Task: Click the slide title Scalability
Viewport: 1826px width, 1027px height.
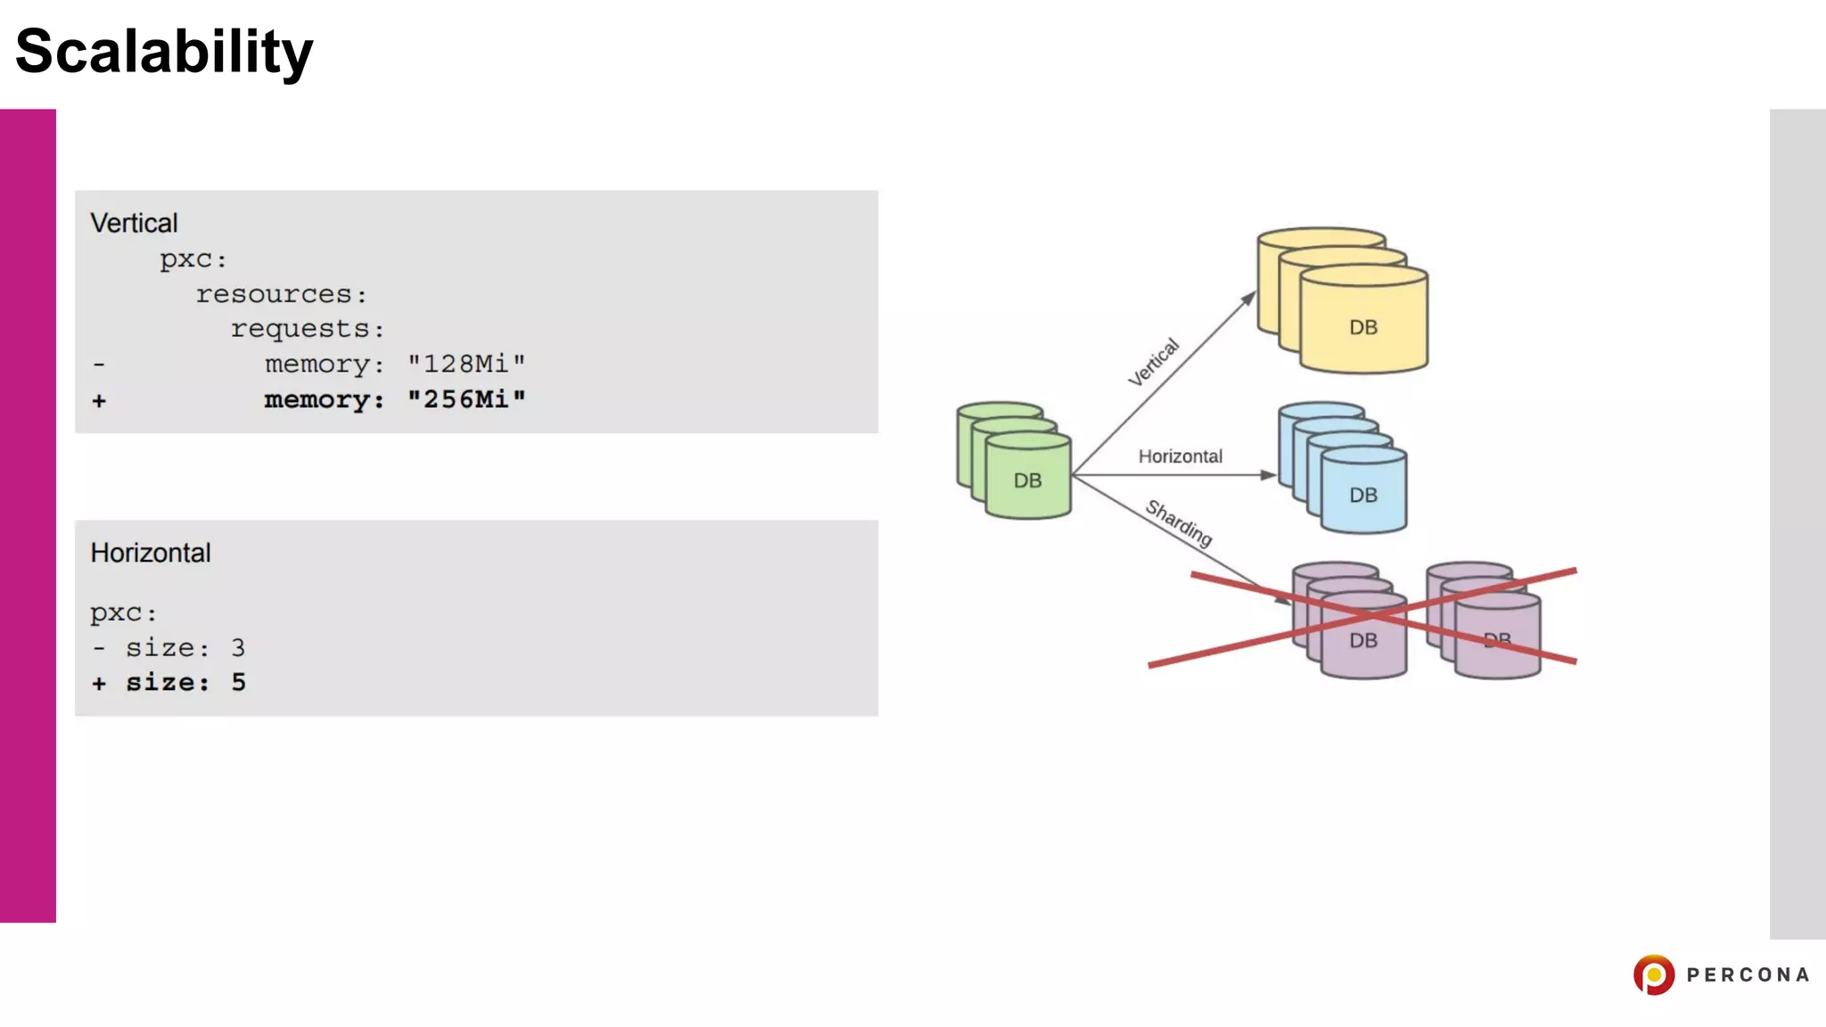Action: [164, 52]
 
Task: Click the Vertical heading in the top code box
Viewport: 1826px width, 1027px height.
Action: [134, 223]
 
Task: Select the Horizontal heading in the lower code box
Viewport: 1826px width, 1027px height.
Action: [151, 553]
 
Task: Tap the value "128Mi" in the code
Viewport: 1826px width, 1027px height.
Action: [466, 364]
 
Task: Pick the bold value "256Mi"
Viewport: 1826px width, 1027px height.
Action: [466, 399]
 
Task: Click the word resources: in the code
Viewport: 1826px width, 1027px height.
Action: [281, 294]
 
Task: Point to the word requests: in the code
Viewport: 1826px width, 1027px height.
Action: [308, 329]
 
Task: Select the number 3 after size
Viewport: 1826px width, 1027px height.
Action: [238, 648]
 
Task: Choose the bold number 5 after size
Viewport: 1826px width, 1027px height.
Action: [238, 683]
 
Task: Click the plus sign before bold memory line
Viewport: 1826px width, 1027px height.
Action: [99, 401]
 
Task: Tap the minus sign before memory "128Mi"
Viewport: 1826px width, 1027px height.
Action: [99, 365]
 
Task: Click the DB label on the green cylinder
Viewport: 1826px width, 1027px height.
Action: [1027, 481]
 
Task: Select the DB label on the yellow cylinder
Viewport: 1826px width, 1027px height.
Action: [1363, 327]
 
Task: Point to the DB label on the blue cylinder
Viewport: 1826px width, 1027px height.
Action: [1363, 495]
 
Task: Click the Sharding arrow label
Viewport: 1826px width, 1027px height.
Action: [1179, 522]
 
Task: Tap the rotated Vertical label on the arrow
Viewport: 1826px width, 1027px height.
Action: [1154, 362]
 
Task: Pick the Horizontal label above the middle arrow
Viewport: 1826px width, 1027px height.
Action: [1180, 456]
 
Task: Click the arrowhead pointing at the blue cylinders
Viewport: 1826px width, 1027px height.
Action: [1268, 475]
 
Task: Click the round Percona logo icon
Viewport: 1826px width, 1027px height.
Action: [1654, 974]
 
